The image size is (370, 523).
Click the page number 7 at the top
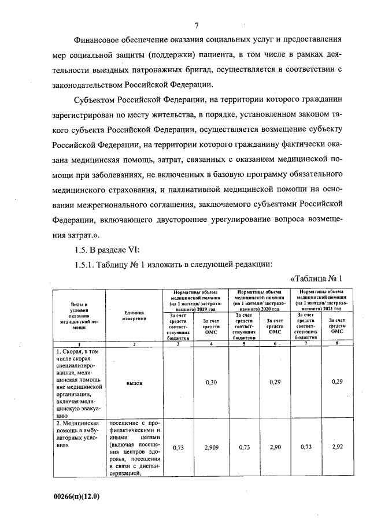coord(197,25)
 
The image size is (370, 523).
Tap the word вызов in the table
coord(135,383)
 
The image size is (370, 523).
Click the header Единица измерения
coord(135,316)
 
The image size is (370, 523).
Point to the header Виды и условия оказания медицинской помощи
coord(76,316)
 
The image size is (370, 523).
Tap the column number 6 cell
coord(275,344)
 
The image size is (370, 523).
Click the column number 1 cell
coord(76,344)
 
